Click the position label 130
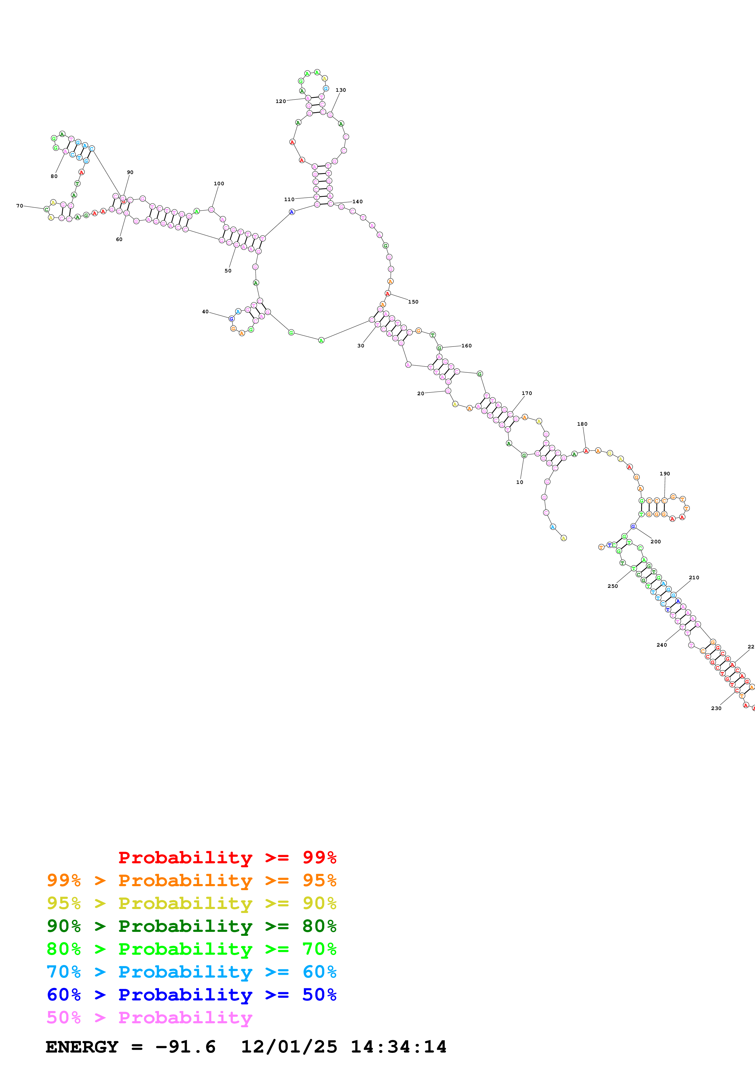pyautogui.click(x=340, y=90)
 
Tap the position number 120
pyautogui.click(x=280, y=101)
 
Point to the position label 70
pyautogui.click(x=19, y=206)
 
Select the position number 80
pyautogui.click(x=54, y=176)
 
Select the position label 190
pyautogui.click(x=665, y=474)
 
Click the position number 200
pyautogui.click(x=655, y=542)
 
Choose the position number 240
pyautogui.click(x=662, y=645)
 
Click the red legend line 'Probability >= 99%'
pyautogui.click(x=227, y=857)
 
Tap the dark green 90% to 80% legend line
pyautogui.click(x=191, y=926)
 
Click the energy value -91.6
pyautogui.click(x=185, y=1047)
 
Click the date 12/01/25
pyautogui.click(x=289, y=1047)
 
